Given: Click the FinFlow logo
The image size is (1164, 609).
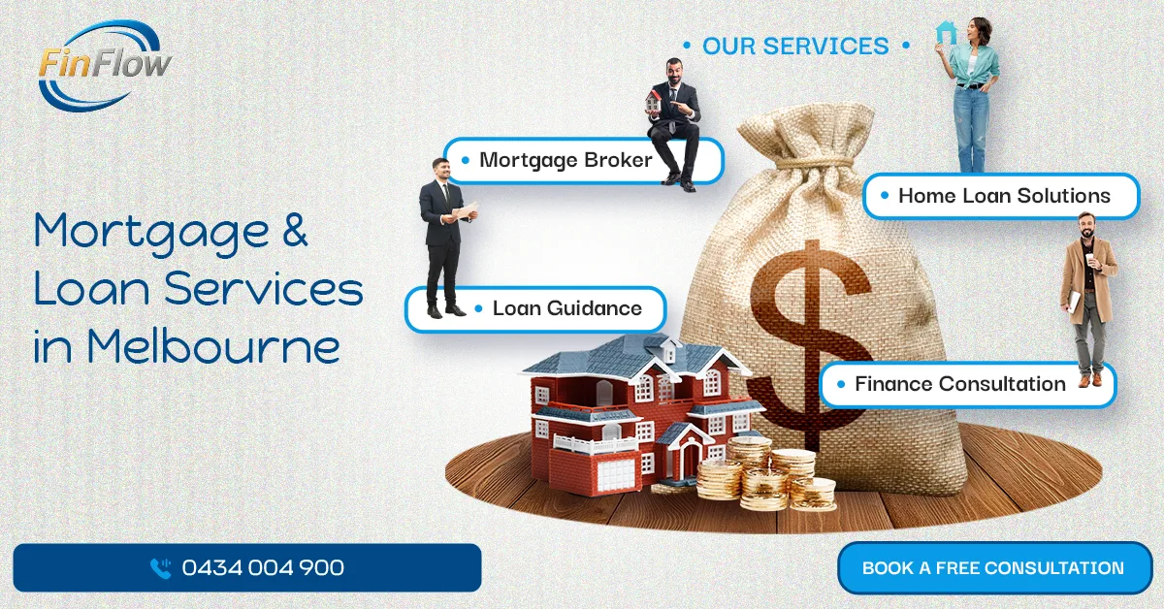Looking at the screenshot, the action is pyautogui.click(x=105, y=65).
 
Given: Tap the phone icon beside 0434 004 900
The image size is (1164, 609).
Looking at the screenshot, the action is pyautogui.click(x=161, y=568).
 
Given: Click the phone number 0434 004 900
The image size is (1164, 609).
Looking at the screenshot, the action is pyautogui.click(x=263, y=567).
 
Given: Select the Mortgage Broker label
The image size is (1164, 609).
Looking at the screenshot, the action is pyautogui.click(x=566, y=160).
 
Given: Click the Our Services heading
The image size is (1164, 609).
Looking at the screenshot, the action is pyautogui.click(x=795, y=46).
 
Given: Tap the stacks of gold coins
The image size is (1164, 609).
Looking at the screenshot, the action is pyautogui.click(x=765, y=474).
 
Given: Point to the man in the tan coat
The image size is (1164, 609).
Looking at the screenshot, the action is pyautogui.click(x=1088, y=300).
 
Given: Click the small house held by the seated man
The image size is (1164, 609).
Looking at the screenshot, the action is pyautogui.click(x=653, y=100).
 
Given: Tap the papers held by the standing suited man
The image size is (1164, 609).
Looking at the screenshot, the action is pyautogui.click(x=466, y=210).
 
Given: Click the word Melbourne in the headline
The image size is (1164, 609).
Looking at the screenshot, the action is pyautogui.click(x=213, y=346).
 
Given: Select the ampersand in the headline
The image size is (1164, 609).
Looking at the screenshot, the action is pyautogui.click(x=295, y=230).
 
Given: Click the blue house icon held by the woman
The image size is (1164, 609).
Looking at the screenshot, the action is pyautogui.click(x=945, y=32).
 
